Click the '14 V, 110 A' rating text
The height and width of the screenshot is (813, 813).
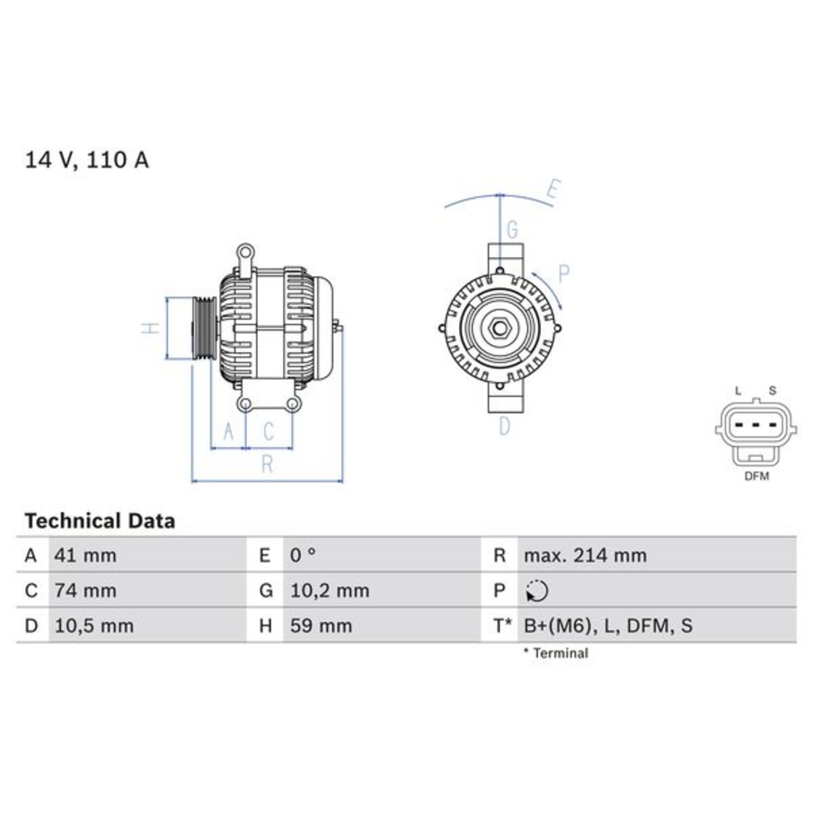(87, 160)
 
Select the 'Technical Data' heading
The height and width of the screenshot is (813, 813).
(100, 521)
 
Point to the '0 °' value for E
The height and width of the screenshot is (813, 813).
(303, 556)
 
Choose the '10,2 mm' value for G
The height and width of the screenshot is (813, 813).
(329, 591)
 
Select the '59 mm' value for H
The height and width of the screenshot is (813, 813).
(321, 625)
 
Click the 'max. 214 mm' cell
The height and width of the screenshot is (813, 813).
(585, 556)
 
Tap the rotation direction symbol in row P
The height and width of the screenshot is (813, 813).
(537, 591)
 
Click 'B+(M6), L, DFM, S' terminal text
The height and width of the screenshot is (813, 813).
(608, 625)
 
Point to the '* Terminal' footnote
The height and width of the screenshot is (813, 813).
(555, 653)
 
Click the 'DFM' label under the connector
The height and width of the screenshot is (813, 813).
(757, 476)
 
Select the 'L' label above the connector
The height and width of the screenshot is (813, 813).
(738, 391)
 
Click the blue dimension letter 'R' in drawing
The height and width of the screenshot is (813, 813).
(267, 464)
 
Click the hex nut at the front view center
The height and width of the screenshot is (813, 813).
(499, 328)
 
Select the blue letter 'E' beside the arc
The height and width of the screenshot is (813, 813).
(552, 191)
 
